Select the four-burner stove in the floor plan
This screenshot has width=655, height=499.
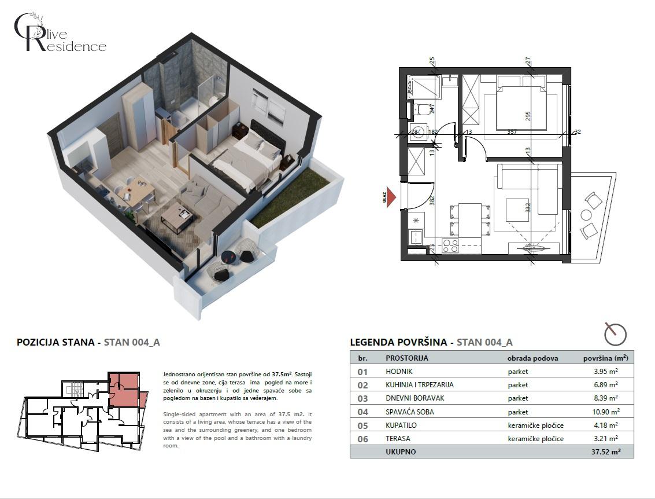click(450, 245)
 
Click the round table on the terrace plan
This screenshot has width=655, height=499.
click(585, 215)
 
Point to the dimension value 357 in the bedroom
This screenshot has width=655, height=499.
click(511, 132)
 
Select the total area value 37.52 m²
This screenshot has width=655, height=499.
click(604, 452)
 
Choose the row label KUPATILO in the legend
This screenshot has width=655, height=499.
click(401, 425)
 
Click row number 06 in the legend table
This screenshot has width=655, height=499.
click(362, 438)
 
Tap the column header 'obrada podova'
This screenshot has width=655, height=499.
click(532, 358)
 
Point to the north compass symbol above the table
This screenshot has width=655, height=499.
click(615, 333)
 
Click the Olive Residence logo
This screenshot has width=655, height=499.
click(60, 32)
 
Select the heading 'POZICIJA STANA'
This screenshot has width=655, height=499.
click(55, 342)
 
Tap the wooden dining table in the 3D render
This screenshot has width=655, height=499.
click(137, 191)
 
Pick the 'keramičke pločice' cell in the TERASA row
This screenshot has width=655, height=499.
click(536, 438)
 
